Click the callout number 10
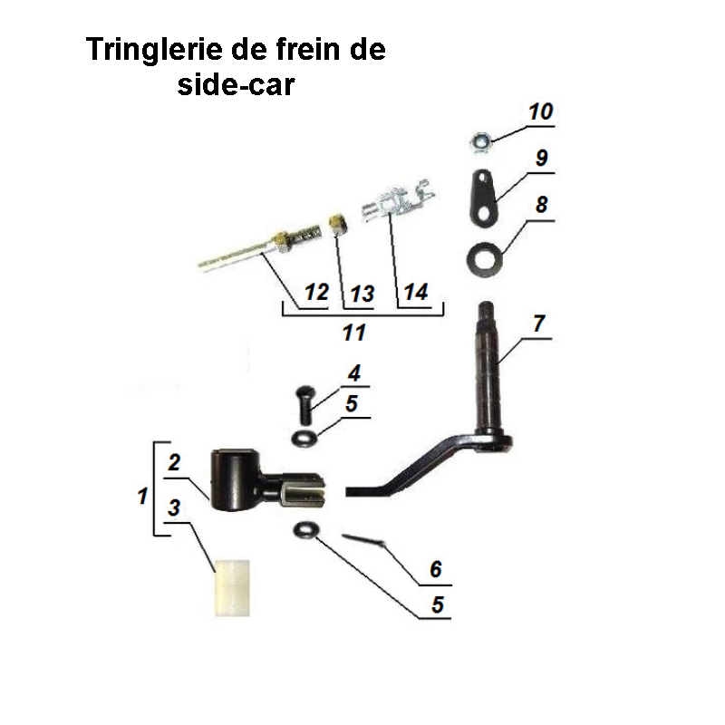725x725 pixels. (x=539, y=112)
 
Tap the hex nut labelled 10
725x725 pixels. (x=479, y=140)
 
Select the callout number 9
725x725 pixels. (x=541, y=158)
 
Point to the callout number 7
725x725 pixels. (x=539, y=323)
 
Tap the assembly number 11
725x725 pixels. (x=353, y=333)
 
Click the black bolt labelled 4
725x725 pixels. (x=305, y=401)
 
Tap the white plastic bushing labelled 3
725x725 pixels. (x=231, y=587)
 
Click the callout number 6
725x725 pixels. (x=436, y=569)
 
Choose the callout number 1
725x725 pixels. (x=142, y=496)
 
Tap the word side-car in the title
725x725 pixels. (x=235, y=86)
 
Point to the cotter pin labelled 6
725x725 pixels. (x=366, y=541)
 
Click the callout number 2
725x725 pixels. (x=174, y=462)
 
